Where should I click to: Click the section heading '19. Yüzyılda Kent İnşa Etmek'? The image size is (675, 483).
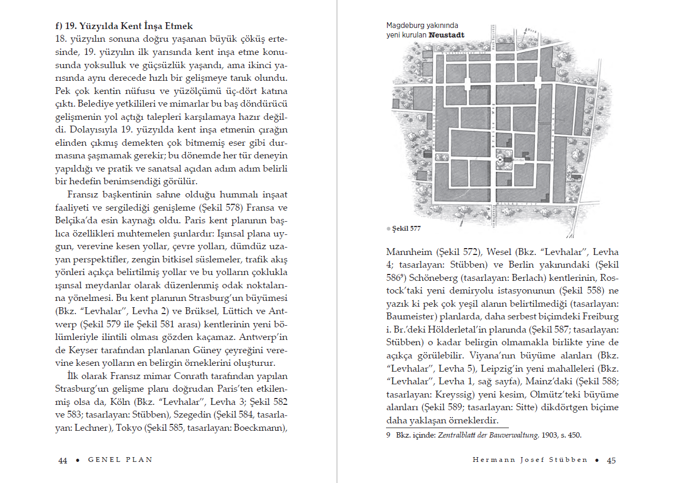(x=124, y=26)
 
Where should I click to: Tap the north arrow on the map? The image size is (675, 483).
(x=525, y=36)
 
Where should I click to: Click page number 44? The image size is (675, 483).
(x=63, y=460)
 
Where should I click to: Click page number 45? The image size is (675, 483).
(x=611, y=460)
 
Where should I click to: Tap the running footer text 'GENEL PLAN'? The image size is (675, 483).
(x=120, y=460)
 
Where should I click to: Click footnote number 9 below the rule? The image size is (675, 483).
(x=388, y=435)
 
